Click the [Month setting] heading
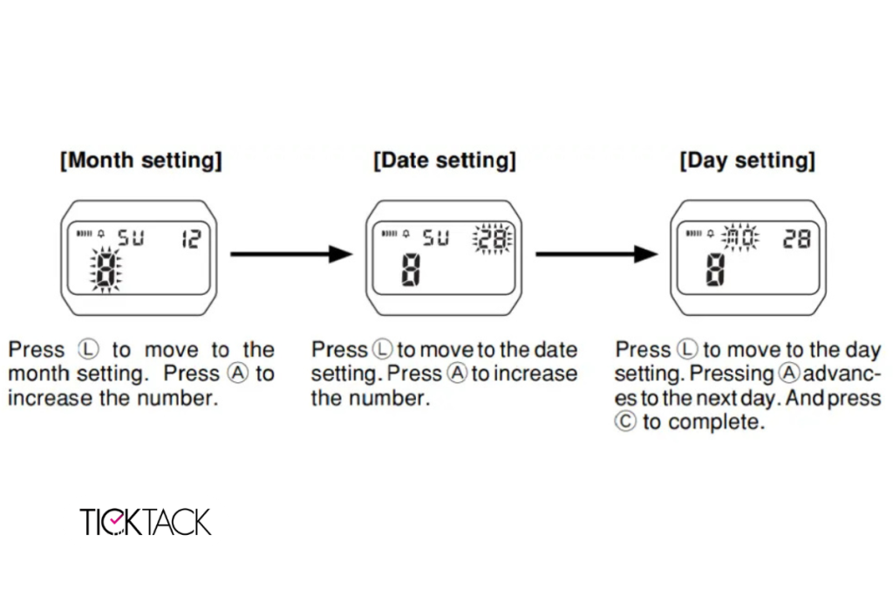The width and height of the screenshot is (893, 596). (140, 160)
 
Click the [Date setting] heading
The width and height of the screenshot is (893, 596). (444, 160)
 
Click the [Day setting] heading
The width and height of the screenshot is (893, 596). (747, 160)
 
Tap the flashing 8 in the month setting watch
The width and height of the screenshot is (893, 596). (106, 270)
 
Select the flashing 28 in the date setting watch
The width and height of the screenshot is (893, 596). (493, 239)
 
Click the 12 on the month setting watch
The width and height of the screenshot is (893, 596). (191, 239)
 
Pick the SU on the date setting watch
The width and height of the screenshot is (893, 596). (436, 237)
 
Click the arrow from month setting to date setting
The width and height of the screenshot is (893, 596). (291, 254)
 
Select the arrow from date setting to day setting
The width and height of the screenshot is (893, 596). (596, 254)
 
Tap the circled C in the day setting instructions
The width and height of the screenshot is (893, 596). (624, 421)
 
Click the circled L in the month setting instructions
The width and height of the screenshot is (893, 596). (88, 349)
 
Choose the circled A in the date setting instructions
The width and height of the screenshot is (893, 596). (457, 373)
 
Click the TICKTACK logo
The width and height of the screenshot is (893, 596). (146, 522)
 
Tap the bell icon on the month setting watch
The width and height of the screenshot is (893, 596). (101, 234)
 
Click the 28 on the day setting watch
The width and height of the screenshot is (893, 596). (797, 239)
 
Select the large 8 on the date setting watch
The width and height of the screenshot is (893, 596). (412, 270)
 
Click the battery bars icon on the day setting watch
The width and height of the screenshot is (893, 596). (693, 233)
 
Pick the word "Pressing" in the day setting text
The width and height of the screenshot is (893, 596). (732, 373)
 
